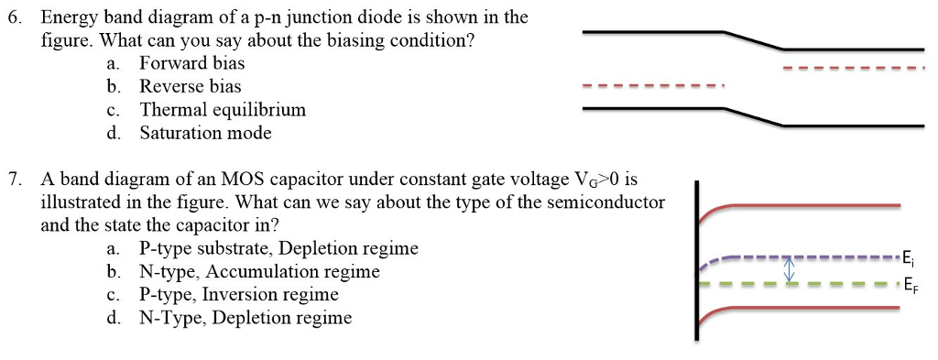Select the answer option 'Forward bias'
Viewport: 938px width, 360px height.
click(x=191, y=63)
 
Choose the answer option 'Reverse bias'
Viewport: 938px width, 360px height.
click(x=190, y=86)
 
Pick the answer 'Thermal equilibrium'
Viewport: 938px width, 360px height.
click(x=223, y=110)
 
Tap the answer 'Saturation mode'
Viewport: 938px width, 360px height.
click(x=205, y=133)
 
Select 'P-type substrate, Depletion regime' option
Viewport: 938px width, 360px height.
click(x=278, y=248)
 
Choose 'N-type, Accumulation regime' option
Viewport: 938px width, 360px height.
click(x=259, y=271)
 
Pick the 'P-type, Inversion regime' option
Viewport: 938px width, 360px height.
click(x=238, y=295)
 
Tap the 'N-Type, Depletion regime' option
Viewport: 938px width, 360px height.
click(x=245, y=318)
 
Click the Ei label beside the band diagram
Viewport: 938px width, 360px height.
click(x=907, y=256)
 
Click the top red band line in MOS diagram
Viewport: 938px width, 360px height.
click(x=806, y=206)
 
